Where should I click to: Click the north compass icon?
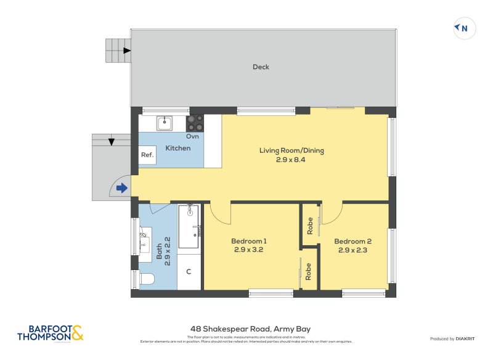pyautogui.click(x=465, y=28)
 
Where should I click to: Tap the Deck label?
pyautogui.click(x=261, y=67)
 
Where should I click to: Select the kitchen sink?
pyautogui.click(x=165, y=123)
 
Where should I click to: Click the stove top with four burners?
pyautogui.click(x=195, y=123)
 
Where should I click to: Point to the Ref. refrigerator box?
pyautogui.click(x=147, y=155)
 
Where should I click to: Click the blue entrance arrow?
pyautogui.click(x=122, y=188)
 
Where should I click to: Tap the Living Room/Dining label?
pyautogui.click(x=291, y=150)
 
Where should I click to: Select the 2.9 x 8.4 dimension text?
pyautogui.click(x=291, y=160)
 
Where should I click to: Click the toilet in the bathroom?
pyautogui.click(x=146, y=279)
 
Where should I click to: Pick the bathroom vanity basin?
pyautogui.click(x=144, y=241)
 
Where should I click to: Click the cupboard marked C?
pyautogui.click(x=189, y=272)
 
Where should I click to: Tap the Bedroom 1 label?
pyautogui.click(x=249, y=241)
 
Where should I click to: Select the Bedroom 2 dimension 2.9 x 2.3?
pyautogui.click(x=353, y=250)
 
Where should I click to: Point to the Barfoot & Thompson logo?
pyautogui.click(x=50, y=333)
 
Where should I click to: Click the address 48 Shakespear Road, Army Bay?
pyautogui.click(x=246, y=329)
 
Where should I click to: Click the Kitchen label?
pyautogui.click(x=178, y=148)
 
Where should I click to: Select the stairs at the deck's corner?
pyautogui.click(x=118, y=51)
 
